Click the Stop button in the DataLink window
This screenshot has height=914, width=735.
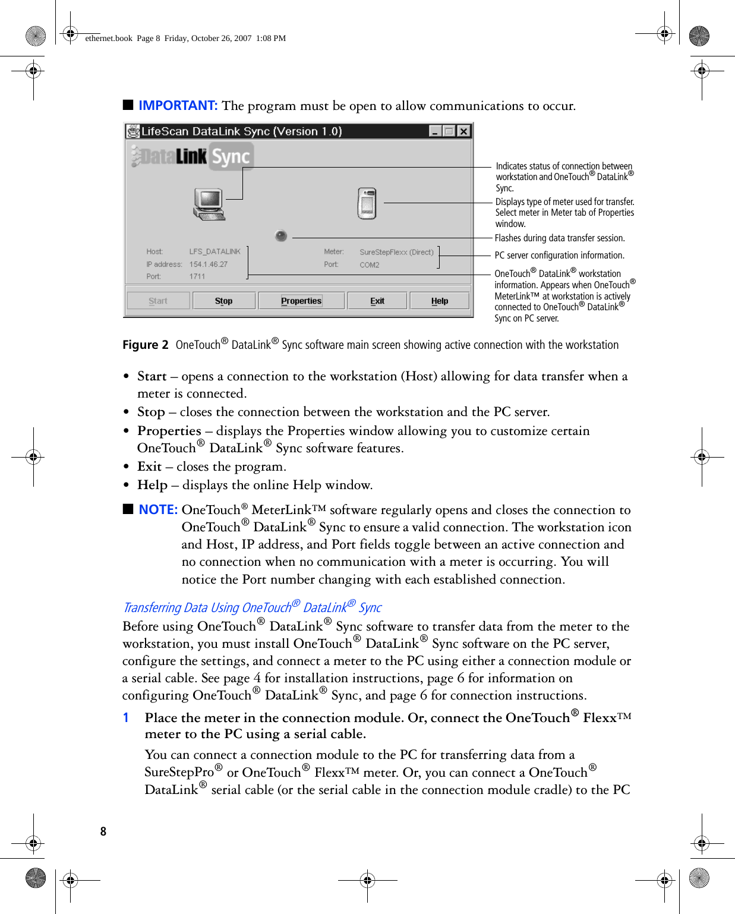click(x=223, y=301)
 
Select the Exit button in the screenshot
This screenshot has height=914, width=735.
click(x=377, y=301)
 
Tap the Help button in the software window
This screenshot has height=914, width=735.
click(x=440, y=301)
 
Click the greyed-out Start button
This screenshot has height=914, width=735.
click(x=158, y=301)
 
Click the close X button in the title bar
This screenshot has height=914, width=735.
click(x=463, y=131)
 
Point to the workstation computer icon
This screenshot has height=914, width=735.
click(x=209, y=204)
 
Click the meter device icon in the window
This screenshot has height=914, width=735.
click(x=367, y=203)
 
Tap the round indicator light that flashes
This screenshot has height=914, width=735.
click(x=281, y=236)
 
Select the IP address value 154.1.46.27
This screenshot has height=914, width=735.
click(x=208, y=264)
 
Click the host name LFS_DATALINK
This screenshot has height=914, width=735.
click(x=214, y=252)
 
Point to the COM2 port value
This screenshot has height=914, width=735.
click(x=369, y=265)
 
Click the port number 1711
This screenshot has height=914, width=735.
click(x=197, y=276)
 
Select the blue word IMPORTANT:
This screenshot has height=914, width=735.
click(x=178, y=106)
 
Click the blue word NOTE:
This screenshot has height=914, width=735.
click(x=158, y=510)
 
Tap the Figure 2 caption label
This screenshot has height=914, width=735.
click(x=145, y=345)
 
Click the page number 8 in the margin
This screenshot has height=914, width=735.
click(x=103, y=831)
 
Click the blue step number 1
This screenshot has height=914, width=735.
click(x=126, y=718)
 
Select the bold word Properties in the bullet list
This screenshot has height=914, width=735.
click(x=169, y=431)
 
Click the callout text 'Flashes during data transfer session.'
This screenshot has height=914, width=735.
click(x=560, y=238)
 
